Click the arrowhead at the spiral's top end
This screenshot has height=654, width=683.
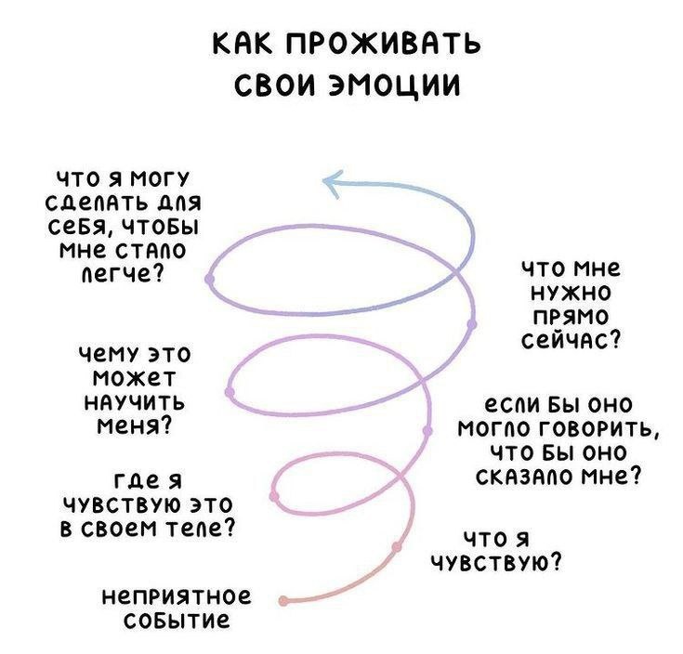coord(328,183)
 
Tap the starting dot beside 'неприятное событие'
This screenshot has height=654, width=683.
coord(284,601)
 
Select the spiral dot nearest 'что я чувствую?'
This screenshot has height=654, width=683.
coord(396,546)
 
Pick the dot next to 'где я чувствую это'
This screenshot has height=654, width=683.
coord(276,497)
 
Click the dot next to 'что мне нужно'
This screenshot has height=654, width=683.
coord(471,322)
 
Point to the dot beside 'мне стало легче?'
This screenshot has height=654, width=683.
coord(210,277)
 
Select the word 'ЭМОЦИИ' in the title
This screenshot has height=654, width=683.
coord(402,87)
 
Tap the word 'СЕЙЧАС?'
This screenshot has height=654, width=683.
coord(571,340)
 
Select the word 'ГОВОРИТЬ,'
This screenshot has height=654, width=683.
coord(596,428)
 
